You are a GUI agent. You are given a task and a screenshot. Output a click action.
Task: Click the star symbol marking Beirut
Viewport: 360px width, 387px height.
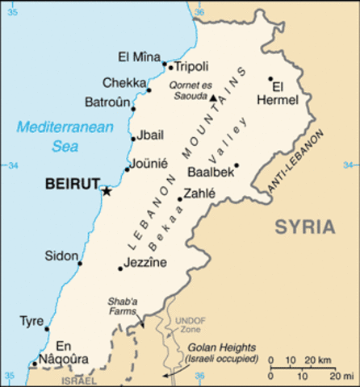(107, 190)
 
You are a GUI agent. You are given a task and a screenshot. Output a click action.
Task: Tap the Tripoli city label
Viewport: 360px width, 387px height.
(191, 66)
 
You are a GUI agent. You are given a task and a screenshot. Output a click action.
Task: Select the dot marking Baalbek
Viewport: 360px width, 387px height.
(237, 166)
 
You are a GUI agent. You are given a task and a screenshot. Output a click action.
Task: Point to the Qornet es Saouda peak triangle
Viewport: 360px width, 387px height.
(213, 98)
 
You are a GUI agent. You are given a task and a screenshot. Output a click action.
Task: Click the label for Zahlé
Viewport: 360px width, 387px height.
(199, 193)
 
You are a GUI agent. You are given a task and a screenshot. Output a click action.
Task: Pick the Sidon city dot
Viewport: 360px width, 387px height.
(80, 263)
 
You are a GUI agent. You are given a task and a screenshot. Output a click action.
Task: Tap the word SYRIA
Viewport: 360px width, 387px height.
(303, 227)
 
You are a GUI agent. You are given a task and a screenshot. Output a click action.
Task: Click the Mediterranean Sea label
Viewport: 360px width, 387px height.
(54, 136)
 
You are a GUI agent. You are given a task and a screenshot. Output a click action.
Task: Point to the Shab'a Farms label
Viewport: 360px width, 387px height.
(123, 307)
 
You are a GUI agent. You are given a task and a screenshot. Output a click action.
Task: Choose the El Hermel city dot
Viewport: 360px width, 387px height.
(271, 79)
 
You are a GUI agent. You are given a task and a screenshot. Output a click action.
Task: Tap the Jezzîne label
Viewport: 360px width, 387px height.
(146, 263)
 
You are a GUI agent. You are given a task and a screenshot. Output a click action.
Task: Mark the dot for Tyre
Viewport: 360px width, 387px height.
(47, 329)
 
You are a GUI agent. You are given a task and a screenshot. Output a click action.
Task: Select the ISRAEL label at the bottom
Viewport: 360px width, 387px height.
(77, 380)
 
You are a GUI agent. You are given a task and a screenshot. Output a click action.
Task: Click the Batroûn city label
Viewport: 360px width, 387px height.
(107, 102)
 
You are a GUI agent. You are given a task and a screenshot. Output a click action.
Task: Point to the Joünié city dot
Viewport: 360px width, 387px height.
(127, 169)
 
